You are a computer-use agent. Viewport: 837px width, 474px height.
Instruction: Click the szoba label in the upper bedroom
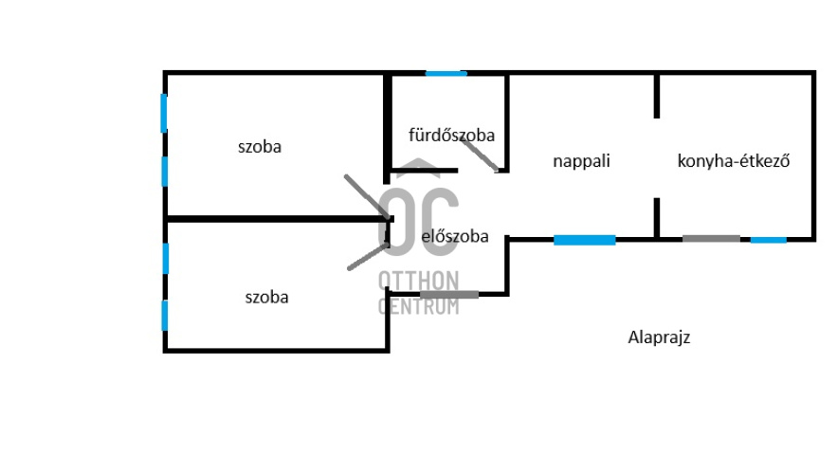click(x=260, y=147)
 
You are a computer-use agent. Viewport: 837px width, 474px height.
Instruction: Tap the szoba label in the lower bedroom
click(x=266, y=297)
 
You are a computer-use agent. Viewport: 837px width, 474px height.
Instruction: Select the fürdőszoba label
click(x=451, y=135)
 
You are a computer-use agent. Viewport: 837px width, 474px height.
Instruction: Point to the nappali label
click(x=581, y=161)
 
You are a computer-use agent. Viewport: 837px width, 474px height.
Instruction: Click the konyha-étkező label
click(x=734, y=161)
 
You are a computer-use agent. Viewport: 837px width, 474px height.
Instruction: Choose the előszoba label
click(x=455, y=236)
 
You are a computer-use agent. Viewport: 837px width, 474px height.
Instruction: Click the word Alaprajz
click(x=658, y=337)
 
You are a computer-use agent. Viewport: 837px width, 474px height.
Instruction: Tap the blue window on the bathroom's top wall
click(x=446, y=73)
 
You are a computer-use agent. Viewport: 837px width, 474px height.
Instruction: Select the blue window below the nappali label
click(x=584, y=240)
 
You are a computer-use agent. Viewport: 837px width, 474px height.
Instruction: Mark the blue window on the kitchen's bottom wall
click(x=768, y=240)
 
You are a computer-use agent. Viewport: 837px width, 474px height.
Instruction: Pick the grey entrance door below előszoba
click(x=449, y=295)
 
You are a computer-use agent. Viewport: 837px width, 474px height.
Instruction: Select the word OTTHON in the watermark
click(x=418, y=281)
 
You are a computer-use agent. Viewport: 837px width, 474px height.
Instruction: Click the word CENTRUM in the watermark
click(x=418, y=306)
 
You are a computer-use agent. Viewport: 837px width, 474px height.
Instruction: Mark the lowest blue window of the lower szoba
click(x=165, y=315)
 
